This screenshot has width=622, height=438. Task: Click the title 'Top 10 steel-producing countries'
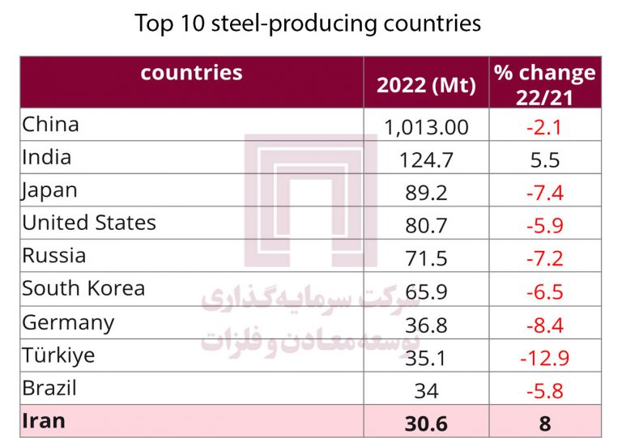(308, 23)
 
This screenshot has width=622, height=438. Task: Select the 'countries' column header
(191, 73)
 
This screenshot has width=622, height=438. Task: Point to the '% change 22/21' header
(544, 84)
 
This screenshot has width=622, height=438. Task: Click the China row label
(50, 124)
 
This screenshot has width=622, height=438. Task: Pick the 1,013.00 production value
(426, 127)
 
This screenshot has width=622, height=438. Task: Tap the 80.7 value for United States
(426, 226)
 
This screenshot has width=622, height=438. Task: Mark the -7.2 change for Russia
(544, 259)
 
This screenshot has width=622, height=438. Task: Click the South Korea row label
(83, 288)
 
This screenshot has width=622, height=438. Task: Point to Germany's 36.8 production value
(426, 325)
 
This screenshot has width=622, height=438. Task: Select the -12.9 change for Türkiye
(544, 358)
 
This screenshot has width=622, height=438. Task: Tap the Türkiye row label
(58, 355)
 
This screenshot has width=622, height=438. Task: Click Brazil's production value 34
(426, 391)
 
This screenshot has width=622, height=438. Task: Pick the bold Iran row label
(44, 421)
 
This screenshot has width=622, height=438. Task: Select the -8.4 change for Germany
(544, 325)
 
